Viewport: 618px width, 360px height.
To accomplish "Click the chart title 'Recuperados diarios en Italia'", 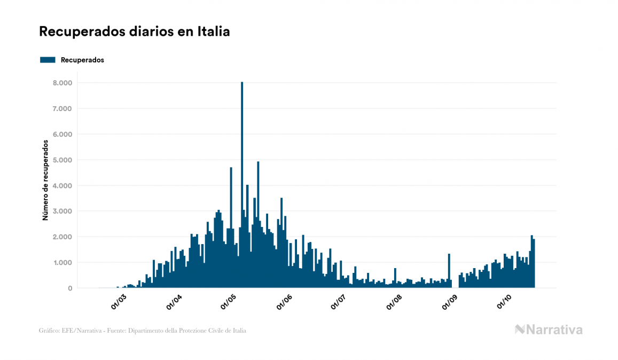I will (135, 32).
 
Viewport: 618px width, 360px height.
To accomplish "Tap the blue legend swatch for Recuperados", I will (48, 60).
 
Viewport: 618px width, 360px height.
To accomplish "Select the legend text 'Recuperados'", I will (82, 60).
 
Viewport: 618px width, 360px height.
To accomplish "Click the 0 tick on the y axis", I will (69, 288).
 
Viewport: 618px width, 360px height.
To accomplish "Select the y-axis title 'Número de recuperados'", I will (45, 181).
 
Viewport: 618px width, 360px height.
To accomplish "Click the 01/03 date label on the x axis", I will (119, 302).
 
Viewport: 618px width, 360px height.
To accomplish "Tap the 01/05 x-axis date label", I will (229, 302).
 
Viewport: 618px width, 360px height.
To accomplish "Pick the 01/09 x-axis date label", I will (449, 302).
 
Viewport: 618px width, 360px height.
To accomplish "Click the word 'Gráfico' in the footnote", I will (49, 331).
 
